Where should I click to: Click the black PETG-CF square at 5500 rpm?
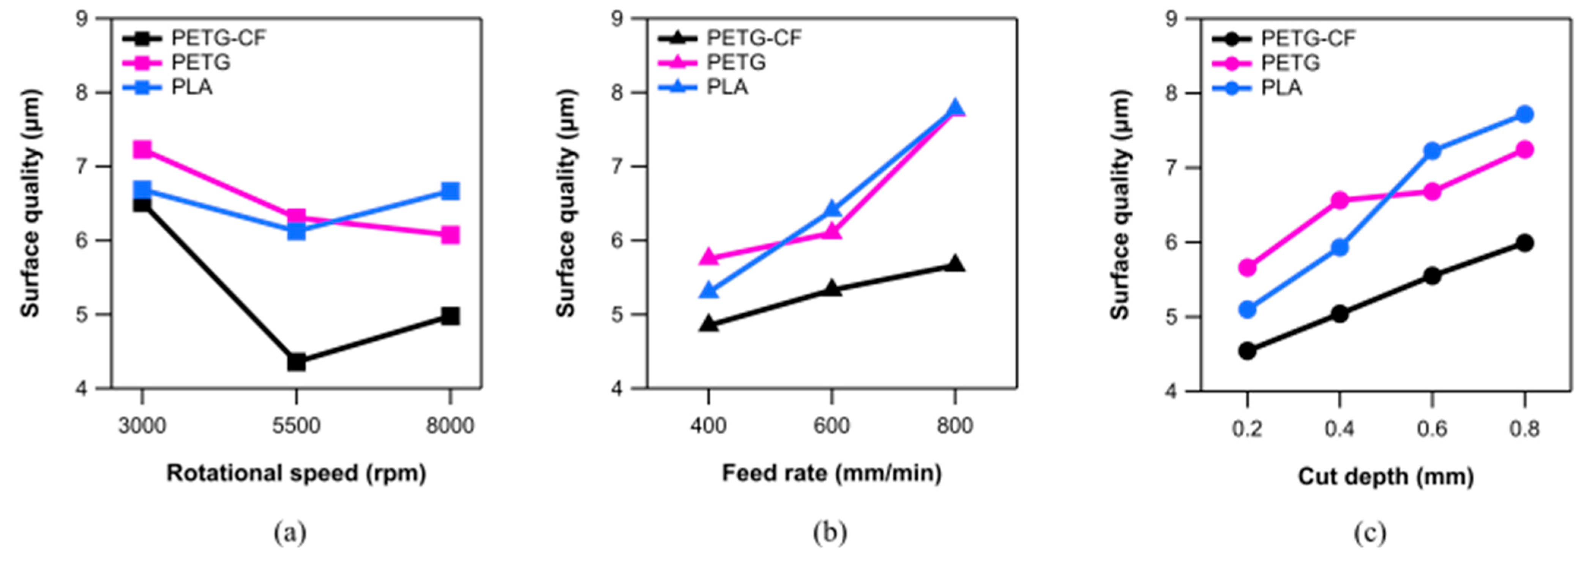tap(296, 362)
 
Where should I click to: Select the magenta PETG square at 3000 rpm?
tap(142, 150)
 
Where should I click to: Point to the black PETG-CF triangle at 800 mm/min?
tap(955, 264)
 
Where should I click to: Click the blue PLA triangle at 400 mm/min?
tap(709, 290)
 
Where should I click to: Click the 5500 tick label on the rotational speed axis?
tap(296, 426)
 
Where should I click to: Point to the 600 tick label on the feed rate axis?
tap(832, 426)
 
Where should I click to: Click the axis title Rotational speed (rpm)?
tap(296, 474)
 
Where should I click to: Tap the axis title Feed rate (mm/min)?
tap(831, 474)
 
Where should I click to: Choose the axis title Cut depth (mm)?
tap(1385, 477)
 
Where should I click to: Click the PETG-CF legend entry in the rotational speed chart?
tap(218, 38)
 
